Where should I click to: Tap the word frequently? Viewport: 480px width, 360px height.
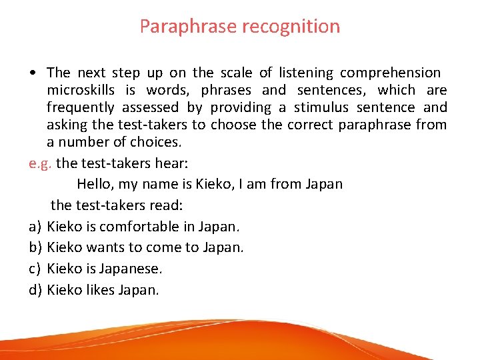tap(79, 107)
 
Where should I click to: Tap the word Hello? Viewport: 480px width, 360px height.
tap(96, 184)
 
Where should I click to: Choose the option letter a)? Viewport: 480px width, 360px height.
tap(35, 226)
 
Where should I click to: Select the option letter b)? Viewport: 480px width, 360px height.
tap(35, 247)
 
